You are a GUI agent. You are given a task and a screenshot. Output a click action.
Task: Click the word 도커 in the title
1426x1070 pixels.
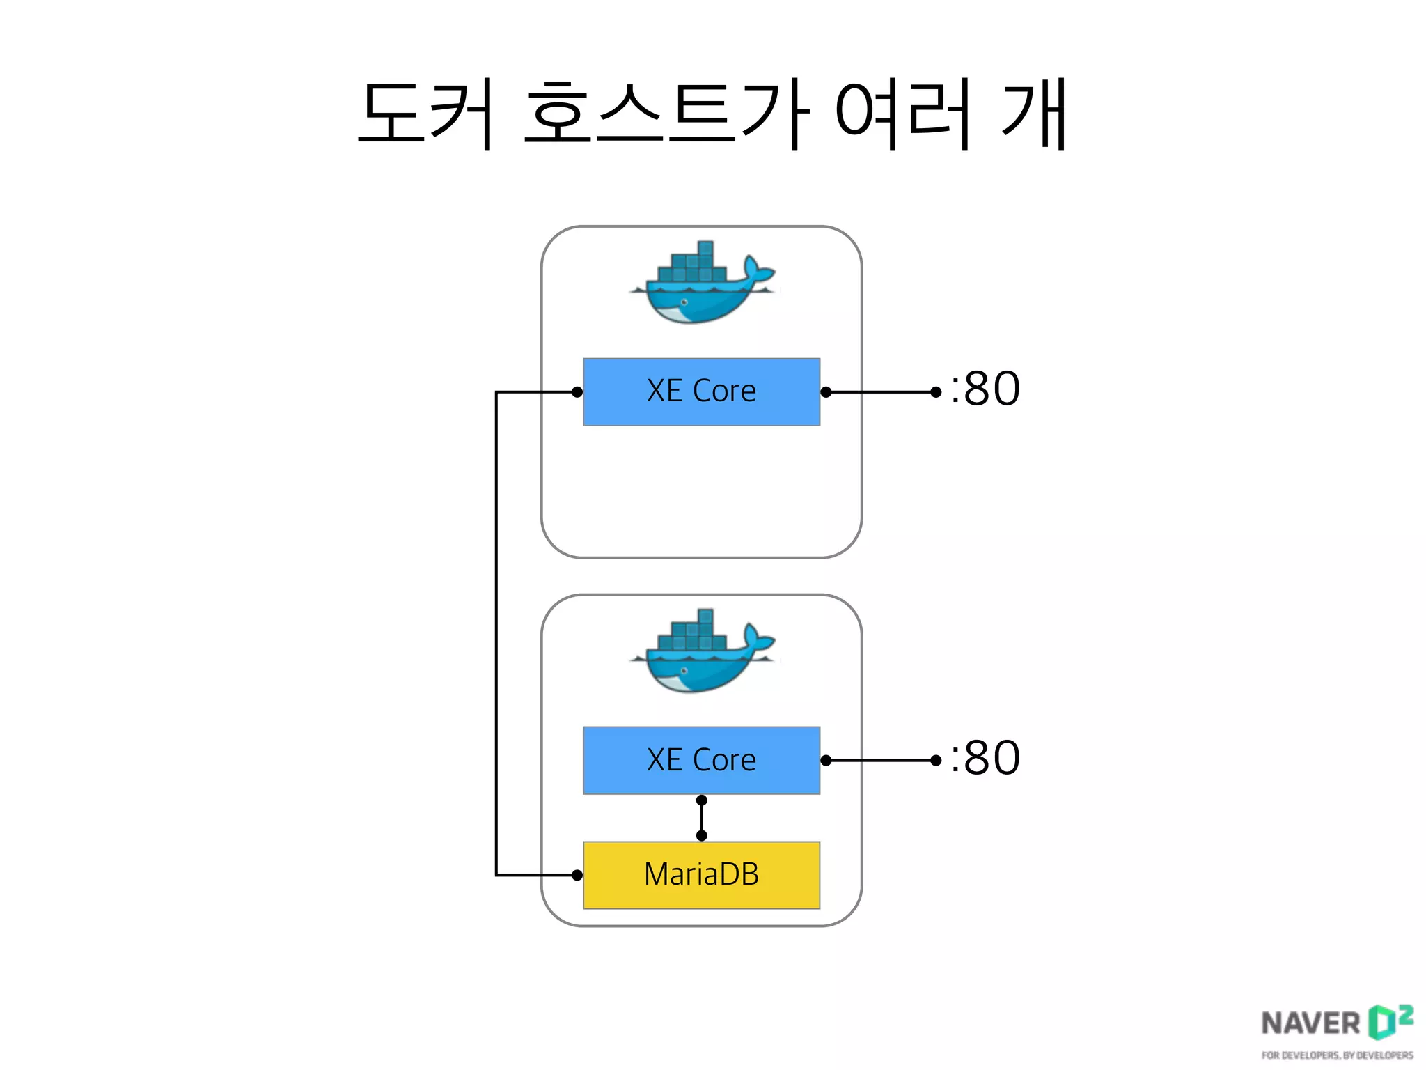pos(426,114)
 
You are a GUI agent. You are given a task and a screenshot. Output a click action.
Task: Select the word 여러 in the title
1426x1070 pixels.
pos(903,114)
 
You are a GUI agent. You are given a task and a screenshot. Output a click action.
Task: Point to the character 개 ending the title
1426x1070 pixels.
pos(1033,114)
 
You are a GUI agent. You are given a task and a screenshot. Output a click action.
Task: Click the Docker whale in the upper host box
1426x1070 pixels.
pos(701,284)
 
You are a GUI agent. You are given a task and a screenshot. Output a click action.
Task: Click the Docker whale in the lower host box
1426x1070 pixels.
pos(701,652)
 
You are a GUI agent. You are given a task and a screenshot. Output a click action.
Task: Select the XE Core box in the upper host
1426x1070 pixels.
pos(701,391)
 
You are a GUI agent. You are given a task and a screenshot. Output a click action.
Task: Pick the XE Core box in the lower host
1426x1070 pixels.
pos(701,760)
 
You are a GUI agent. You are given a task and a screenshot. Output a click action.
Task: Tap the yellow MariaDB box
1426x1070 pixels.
pos(701,875)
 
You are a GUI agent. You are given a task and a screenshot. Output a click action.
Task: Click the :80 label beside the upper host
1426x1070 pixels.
pos(985,389)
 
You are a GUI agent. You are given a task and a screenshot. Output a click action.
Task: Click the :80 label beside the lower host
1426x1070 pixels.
pos(985,757)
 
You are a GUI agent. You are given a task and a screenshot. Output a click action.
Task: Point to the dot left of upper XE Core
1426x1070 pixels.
pos(577,392)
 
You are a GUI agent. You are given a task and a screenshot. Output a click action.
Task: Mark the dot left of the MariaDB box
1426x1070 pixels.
pos(577,875)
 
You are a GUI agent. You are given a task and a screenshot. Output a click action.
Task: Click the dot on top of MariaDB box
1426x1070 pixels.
pos(701,835)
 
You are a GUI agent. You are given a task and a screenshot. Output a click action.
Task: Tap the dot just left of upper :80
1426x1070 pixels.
pos(936,392)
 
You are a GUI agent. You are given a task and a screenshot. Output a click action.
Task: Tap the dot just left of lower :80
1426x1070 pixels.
pos(936,761)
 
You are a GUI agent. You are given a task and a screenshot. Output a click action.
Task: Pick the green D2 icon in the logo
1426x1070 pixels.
pos(1390,1021)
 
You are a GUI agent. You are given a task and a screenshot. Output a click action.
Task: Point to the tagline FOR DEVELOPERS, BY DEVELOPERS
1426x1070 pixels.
pos(1337,1055)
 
